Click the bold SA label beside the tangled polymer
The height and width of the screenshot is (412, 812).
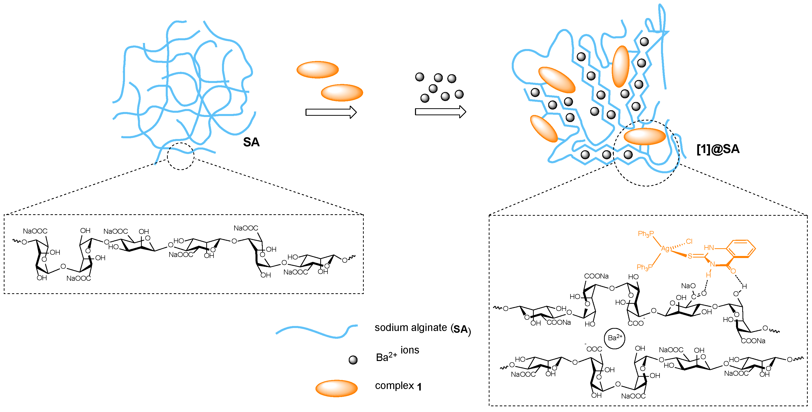point(251,142)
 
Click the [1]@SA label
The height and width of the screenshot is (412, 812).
point(718,149)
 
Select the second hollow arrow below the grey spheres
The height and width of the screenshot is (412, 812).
point(440,111)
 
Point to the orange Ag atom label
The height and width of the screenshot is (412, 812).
point(665,248)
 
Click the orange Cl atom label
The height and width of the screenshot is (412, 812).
point(689,241)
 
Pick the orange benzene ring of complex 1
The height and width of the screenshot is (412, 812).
point(743,249)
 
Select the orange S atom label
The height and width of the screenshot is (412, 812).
point(690,256)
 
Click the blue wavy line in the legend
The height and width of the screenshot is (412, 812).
point(316,331)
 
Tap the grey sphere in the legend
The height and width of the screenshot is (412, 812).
point(353,360)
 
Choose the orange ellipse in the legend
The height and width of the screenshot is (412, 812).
point(336,388)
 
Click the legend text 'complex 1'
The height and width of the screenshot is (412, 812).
point(398,386)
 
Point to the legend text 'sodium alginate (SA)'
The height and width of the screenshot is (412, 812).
point(422,328)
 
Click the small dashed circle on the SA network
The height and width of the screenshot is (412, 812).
point(180,156)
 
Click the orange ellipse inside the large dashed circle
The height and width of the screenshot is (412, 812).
point(644,136)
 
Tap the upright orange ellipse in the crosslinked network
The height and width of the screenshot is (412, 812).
point(620,66)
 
